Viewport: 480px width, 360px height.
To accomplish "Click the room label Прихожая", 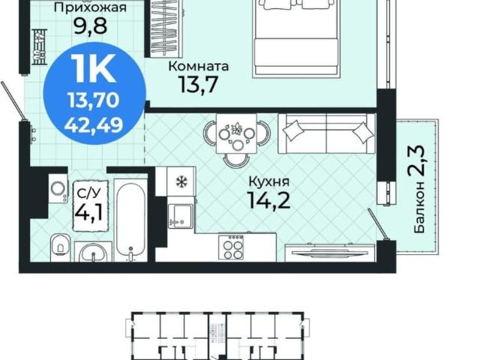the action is (90, 7).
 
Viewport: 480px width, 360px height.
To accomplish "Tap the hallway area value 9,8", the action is (90, 27).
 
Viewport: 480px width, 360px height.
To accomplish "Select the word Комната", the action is (199, 66).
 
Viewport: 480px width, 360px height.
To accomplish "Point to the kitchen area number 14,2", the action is (270, 199).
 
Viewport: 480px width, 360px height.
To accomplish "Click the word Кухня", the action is (269, 181).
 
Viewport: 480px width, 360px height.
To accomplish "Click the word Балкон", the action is (419, 207).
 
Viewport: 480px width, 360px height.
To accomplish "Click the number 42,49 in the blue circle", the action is (94, 124).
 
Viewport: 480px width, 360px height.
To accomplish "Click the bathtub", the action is (130, 220).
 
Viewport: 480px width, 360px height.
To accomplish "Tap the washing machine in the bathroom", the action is (58, 188).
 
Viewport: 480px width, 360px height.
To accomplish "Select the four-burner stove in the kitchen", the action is (231, 247).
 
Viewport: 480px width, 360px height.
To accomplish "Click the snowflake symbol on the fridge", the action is (181, 181).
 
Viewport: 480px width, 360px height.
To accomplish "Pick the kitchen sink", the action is (181, 216).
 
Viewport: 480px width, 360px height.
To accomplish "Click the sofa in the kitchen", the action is (327, 133).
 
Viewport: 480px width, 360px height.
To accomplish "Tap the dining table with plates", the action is (236, 133).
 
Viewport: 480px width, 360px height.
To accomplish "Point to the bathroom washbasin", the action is (93, 253).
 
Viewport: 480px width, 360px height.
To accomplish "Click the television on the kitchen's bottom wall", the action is (330, 253).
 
